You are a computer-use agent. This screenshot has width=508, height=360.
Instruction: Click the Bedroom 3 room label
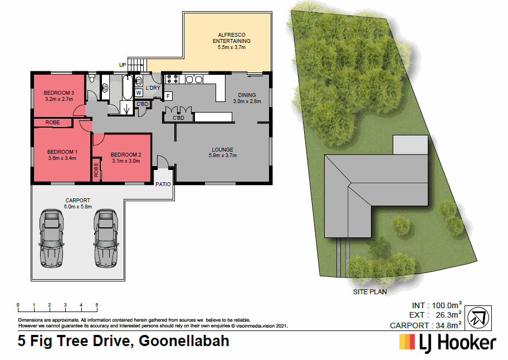(x=59, y=93)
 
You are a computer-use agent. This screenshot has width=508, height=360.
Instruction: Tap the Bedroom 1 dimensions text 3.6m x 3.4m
(x=62, y=158)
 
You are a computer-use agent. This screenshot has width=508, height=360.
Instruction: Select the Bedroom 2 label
(x=126, y=154)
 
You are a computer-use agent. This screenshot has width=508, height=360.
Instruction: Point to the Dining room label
(x=247, y=95)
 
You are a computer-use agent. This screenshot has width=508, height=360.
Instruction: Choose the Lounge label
(x=222, y=149)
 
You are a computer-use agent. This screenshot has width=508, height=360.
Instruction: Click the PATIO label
(x=163, y=183)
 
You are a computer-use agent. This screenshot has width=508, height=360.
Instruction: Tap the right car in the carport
(x=104, y=237)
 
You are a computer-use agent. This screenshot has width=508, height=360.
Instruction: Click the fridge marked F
(x=168, y=96)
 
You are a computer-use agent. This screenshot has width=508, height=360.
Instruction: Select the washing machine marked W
(x=139, y=94)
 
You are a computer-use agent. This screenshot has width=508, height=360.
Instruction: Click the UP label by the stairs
(x=122, y=65)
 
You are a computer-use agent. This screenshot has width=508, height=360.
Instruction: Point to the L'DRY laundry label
(x=153, y=88)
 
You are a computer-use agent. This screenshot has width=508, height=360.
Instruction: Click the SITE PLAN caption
(x=370, y=291)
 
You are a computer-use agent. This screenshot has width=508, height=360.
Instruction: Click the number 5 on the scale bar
(x=97, y=305)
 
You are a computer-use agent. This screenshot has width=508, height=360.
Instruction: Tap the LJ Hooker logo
(x=447, y=342)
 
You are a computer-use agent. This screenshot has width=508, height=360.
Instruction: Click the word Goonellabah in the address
(x=184, y=340)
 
